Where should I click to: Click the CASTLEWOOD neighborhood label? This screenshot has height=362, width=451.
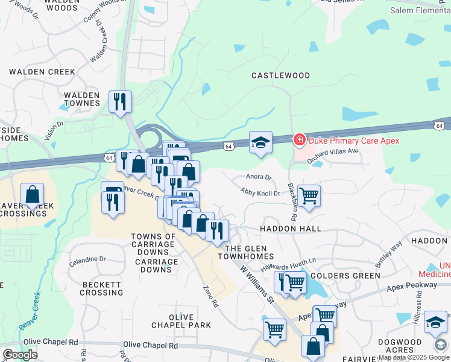[280, 75]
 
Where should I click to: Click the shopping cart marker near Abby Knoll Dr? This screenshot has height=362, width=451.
[309, 195]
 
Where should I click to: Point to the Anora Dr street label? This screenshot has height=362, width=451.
[259, 177]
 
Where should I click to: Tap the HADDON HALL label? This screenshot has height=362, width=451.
[290, 229]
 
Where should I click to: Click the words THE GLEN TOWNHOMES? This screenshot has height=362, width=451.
[249, 253]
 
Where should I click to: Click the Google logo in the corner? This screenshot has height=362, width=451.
[20, 355]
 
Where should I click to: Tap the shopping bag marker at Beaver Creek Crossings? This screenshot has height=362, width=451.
[33, 194]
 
